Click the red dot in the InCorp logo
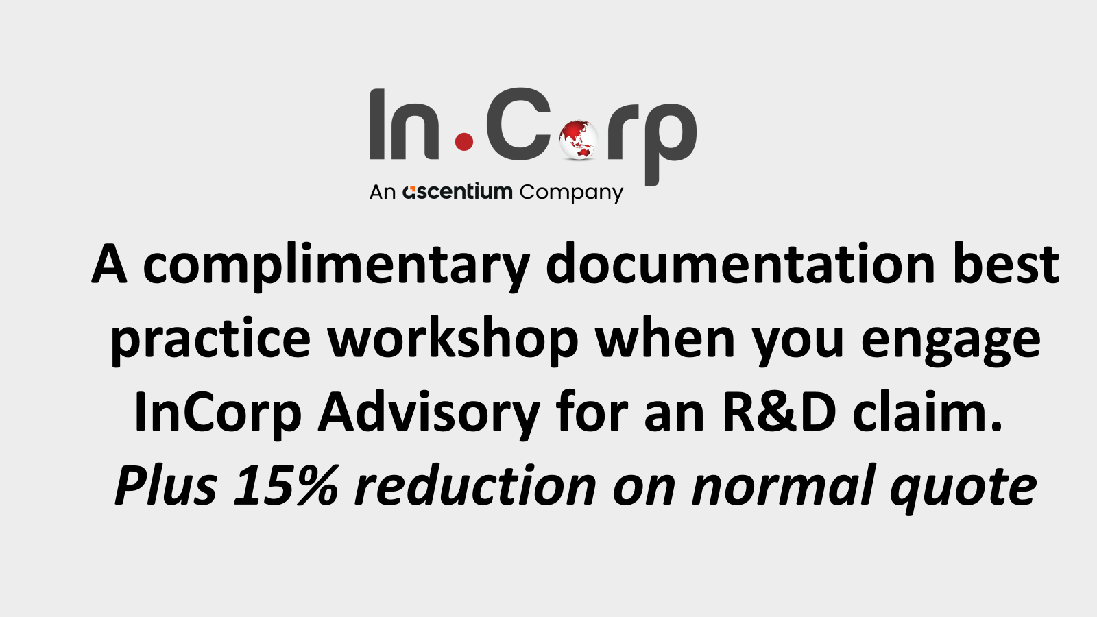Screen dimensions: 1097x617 (464, 141)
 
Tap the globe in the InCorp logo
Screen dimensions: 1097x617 (579, 140)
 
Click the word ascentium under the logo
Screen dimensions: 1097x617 (457, 191)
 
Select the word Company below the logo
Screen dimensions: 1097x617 (571, 193)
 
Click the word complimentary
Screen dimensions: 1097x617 (337, 267)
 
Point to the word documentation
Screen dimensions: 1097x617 (740, 264)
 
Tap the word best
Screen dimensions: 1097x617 (1006, 264)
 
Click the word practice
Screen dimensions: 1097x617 (211, 341)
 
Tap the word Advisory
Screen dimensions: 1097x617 (429, 413)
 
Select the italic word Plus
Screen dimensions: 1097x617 (166, 485)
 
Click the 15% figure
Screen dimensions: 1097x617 (285, 485)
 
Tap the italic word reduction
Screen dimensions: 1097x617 (475, 484)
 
